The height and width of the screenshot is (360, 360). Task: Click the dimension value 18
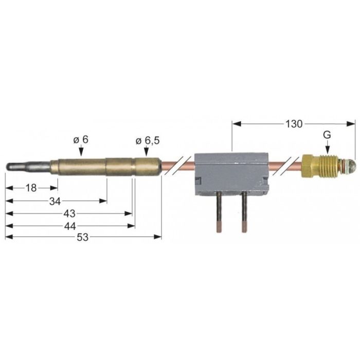tap(31, 188)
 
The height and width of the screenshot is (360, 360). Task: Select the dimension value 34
tap(55, 202)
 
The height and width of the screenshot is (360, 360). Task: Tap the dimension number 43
tap(69, 214)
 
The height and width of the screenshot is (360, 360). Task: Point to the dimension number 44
tap(70, 226)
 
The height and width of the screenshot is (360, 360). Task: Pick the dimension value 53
tap(82, 238)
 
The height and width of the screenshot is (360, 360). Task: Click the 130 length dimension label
tap(294, 124)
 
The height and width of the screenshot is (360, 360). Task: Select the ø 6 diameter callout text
tap(81, 139)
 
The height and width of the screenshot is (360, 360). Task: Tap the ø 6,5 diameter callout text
tap(148, 141)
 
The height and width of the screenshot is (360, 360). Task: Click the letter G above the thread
tap(327, 135)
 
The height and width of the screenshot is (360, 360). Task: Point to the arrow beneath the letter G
tap(328, 147)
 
